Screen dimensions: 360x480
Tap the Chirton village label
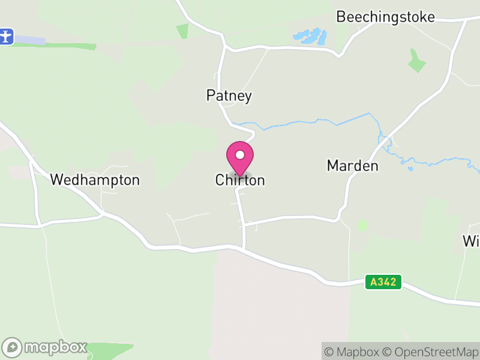pyautogui.click(x=240, y=180)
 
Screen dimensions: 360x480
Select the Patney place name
pyautogui.click(x=229, y=95)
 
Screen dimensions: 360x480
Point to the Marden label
pyautogui.click(x=353, y=166)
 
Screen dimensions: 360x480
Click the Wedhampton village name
pyautogui.click(x=95, y=179)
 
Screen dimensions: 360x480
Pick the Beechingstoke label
pyautogui.click(x=385, y=17)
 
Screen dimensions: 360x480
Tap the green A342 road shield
pyautogui.click(x=383, y=282)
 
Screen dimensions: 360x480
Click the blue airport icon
pyautogui.click(x=7, y=36)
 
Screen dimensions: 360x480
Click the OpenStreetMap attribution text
pyautogui.click(x=431, y=352)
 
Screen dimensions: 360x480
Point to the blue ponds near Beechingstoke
pyautogui.click(x=310, y=37)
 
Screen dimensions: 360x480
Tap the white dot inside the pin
pyautogui.click(x=240, y=155)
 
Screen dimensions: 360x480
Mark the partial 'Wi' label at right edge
pyautogui.click(x=471, y=241)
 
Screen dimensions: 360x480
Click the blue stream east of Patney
pyautogui.click(x=312, y=123)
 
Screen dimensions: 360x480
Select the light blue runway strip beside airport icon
pyautogui.click(x=30, y=40)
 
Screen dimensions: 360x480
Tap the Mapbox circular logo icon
pyautogui.click(x=13, y=347)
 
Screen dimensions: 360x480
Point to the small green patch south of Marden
pyautogui.click(x=362, y=226)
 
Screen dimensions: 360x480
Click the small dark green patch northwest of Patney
pyautogui.click(x=182, y=31)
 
